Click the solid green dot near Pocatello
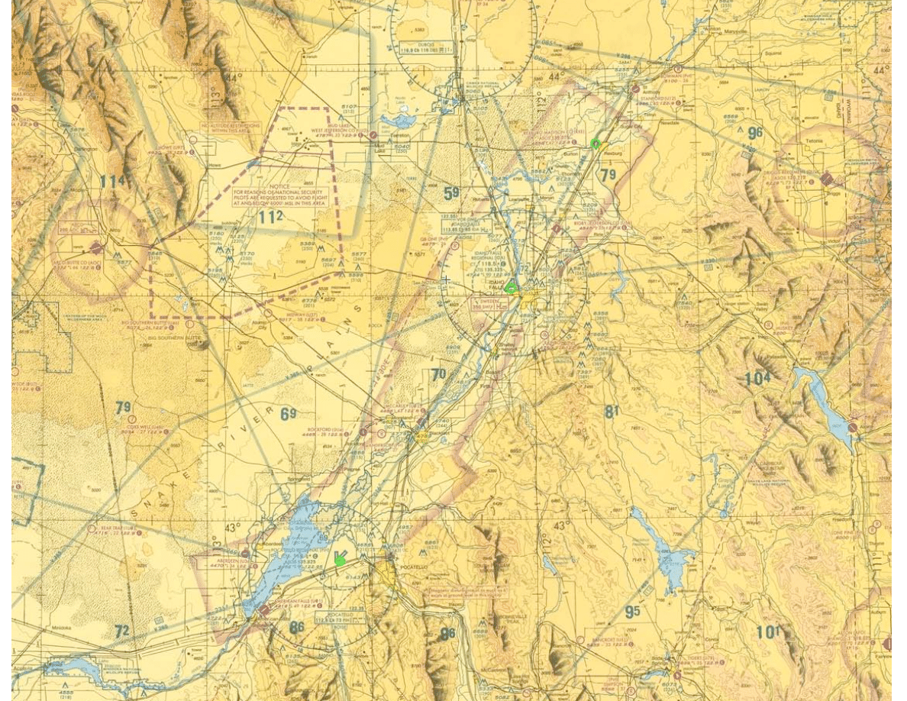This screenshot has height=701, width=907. [340, 561]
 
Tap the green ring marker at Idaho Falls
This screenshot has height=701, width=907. [512, 289]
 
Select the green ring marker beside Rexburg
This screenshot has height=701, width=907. [596, 144]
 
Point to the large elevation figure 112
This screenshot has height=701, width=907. [270, 217]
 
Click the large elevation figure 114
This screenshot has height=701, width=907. [111, 182]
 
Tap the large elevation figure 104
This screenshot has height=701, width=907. [758, 378]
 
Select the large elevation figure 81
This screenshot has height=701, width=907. [612, 412]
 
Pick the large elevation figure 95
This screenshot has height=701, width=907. [632, 612]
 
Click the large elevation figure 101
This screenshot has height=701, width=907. [767, 632]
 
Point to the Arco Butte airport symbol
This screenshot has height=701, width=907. [96, 248]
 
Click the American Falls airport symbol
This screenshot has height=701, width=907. [264, 610]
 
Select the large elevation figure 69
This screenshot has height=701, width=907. [288, 414]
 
